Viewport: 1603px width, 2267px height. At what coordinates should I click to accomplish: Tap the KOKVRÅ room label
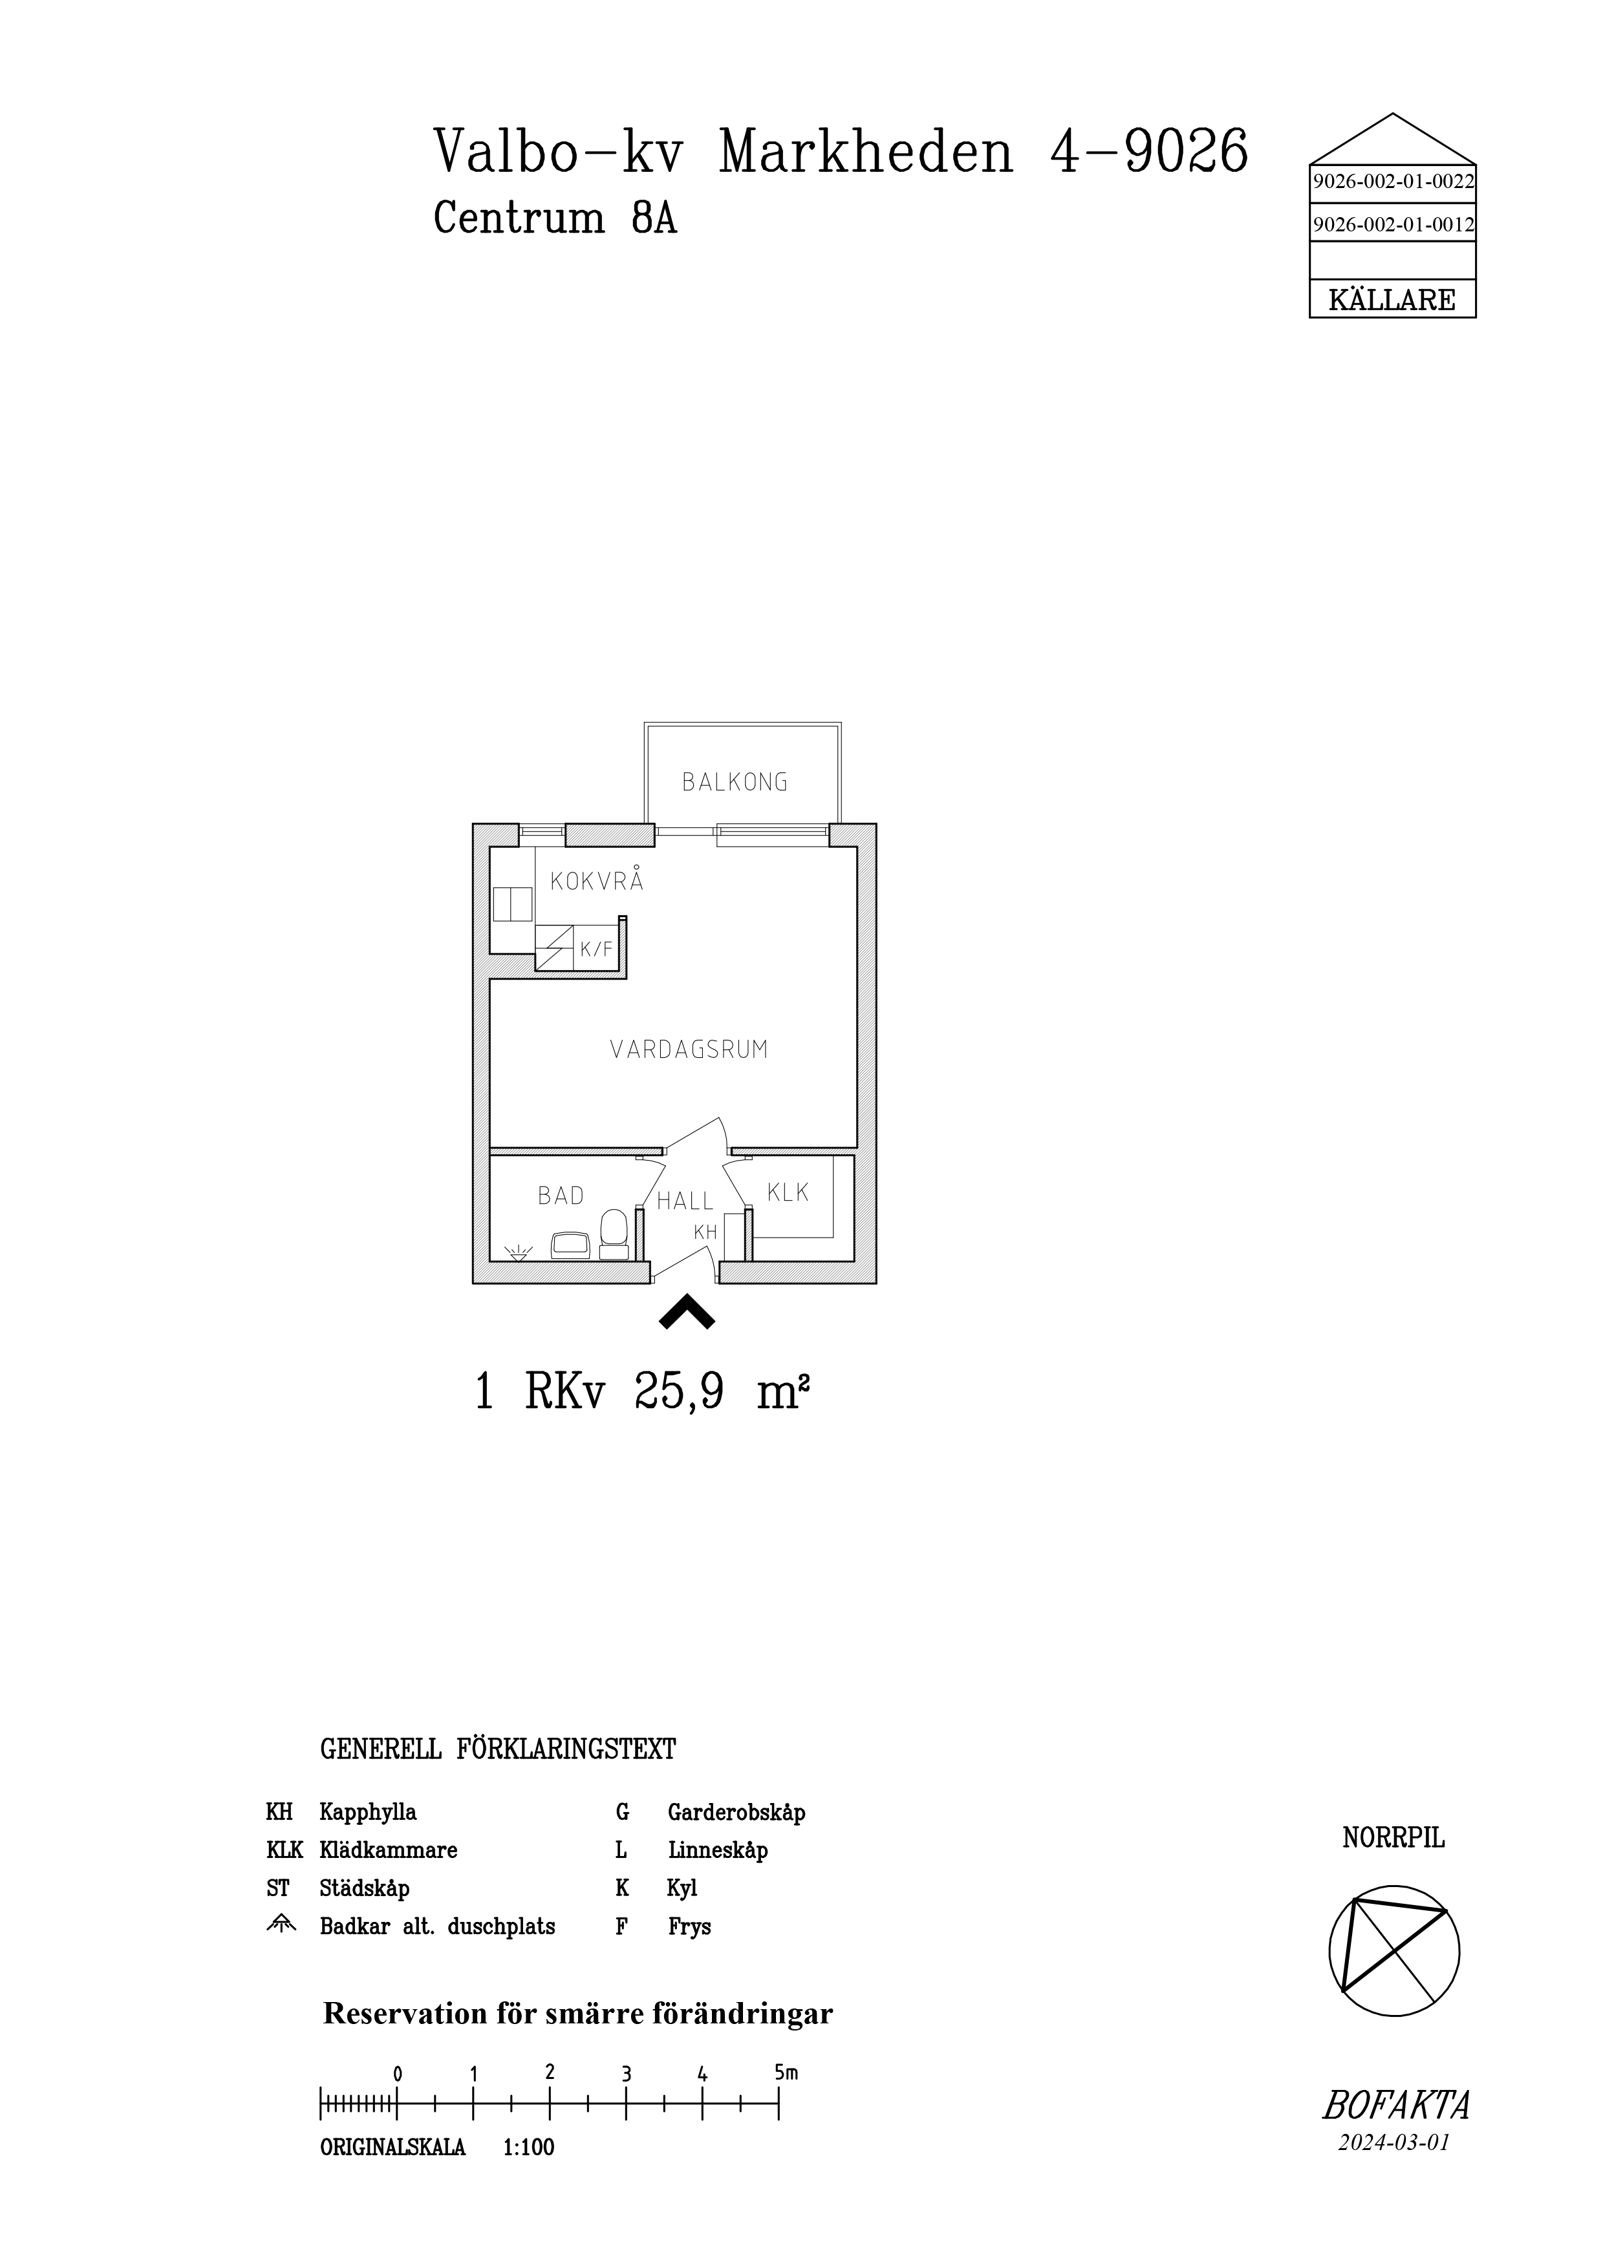[x=597, y=881]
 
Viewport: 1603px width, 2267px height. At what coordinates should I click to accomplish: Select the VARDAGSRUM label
[x=689, y=1049]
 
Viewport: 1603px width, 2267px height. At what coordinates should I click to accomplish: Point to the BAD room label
[x=561, y=1196]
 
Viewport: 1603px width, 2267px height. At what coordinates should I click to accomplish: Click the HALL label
[x=685, y=1201]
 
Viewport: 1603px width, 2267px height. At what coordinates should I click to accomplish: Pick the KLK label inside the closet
[x=788, y=1193]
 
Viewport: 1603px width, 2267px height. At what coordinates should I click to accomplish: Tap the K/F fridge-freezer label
[x=597, y=950]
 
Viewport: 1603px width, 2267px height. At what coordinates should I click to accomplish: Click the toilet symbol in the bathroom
[x=614, y=1235]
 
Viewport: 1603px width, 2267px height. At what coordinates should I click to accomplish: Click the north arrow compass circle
[x=1395, y=1952]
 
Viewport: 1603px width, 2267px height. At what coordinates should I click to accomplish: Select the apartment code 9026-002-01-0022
[x=1393, y=182]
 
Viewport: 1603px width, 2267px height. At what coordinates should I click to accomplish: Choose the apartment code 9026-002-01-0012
[x=1393, y=225]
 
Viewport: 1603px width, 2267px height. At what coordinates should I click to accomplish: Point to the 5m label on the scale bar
[x=786, y=2074]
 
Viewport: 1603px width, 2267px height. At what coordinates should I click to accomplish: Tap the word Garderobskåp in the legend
[x=737, y=1812]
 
